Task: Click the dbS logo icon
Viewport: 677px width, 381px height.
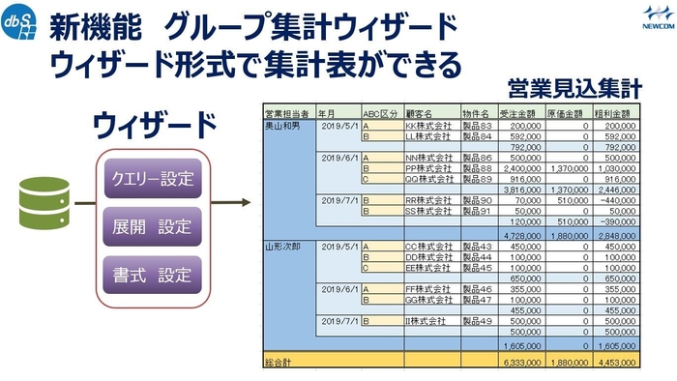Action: [20, 24]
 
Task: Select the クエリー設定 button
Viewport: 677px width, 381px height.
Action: [153, 179]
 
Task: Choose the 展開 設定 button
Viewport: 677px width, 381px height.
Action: [153, 228]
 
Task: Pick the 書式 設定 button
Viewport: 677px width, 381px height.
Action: [153, 277]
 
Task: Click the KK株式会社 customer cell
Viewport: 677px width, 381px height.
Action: [428, 126]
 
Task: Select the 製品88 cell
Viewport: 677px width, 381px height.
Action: [477, 167]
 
